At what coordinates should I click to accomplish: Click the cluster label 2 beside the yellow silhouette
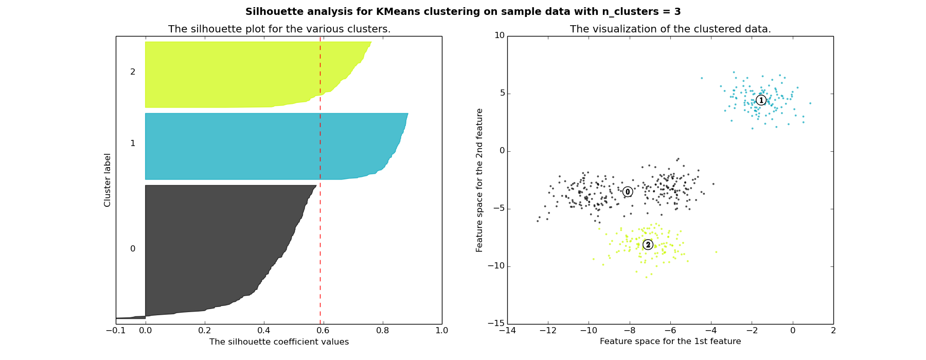(x=133, y=72)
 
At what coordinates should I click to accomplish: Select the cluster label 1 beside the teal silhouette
(x=133, y=143)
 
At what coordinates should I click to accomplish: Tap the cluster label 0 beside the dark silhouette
(x=133, y=249)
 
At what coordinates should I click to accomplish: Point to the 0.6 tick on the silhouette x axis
(x=324, y=330)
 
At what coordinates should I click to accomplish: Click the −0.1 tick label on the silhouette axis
(x=116, y=330)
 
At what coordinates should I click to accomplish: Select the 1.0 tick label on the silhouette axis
(x=442, y=330)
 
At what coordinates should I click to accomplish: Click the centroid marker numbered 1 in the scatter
(x=761, y=100)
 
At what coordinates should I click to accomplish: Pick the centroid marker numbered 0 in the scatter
(x=628, y=192)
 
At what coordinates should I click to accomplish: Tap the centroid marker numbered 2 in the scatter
(x=648, y=245)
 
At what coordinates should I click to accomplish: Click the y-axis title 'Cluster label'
(x=108, y=180)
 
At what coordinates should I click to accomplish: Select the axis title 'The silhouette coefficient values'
(x=279, y=342)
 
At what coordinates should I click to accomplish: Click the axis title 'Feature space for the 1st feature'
(x=670, y=341)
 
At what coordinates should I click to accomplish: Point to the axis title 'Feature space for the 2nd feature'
(x=479, y=180)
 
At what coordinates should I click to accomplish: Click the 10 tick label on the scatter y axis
(x=500, y=35)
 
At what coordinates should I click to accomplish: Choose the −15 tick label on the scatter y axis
(x=497, y=323)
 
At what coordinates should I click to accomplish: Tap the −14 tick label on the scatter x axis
(x=507, y=330)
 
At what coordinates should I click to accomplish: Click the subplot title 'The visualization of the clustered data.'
(x=670, y=29)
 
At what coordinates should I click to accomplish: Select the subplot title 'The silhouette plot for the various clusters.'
(x=279, y=29)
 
